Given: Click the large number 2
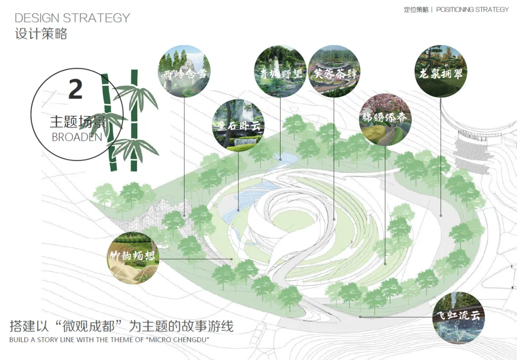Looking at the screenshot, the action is pyautogui.click(x=76, y=90).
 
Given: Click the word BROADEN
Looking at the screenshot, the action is pyautogui.click(x=77, y=137).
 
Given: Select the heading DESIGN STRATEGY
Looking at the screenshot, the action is pyautogui.click(x=72, y=18).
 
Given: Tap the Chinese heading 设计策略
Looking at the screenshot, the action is pyautogui.click(x=41, y=34).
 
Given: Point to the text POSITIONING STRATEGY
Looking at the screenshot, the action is pyautogui.click(x=472, y=10).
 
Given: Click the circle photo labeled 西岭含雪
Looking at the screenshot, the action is pyautogui.click(x=184, y=72).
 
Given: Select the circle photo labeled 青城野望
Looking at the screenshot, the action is pyautogui.click(x=280, y=72).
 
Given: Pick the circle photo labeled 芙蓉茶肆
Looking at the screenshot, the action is pyautogui.click(x=334, y=72).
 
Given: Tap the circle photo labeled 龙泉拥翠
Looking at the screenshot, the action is pyautogui.click(x=440, y=72).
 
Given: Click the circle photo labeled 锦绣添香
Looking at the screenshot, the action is pyautogui.click(x=385, y=120).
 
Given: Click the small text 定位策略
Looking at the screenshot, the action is pyautogui.click(x=416, y=10).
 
